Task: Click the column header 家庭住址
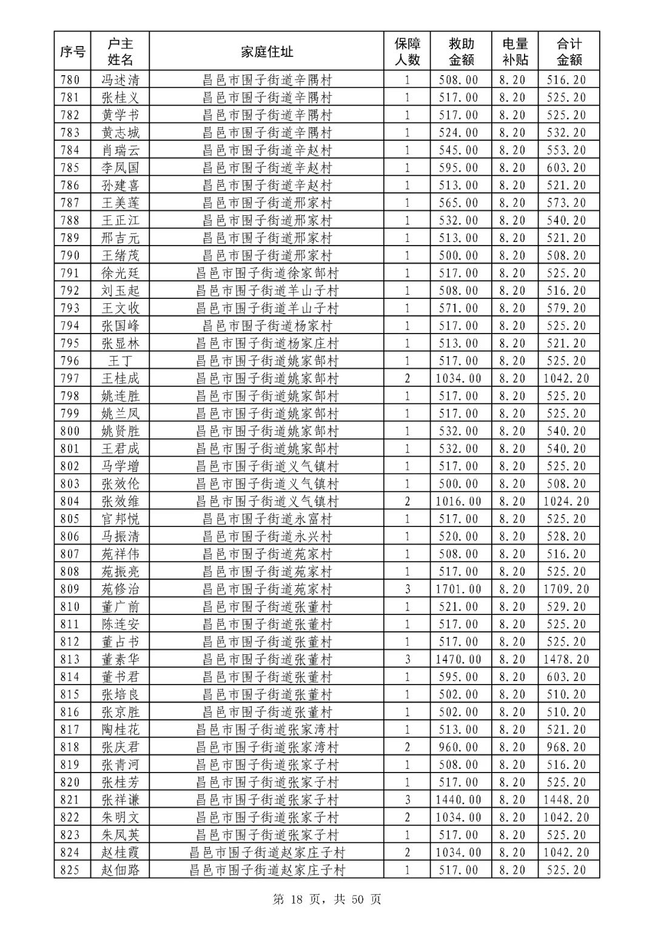tap(267, 52)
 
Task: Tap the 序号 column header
tap(72, 52)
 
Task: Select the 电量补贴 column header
tap(515, 52)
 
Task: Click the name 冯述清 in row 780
tap(120, 80)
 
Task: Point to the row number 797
tap(70, 378)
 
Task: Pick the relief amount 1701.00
tap(458, 589)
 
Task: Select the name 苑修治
tap(120, 589)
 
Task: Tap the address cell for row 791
tap(267, 273)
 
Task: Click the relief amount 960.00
tap(458, 748)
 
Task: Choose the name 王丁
tap(120, 361)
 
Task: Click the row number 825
tap(70, 871)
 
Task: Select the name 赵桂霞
tap(120, 853)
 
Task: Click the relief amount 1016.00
tap(458, 502)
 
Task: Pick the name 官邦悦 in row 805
tap(120, 519)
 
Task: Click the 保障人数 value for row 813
tap(408, 660)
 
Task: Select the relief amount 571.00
tap(458, 309)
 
